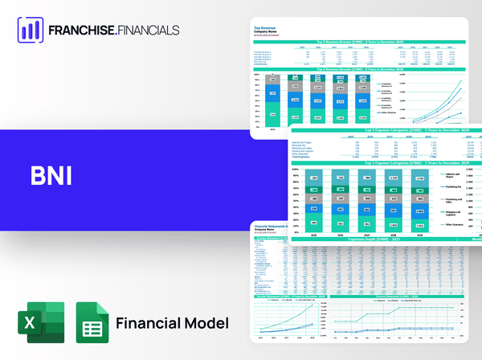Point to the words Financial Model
point(172,323)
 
